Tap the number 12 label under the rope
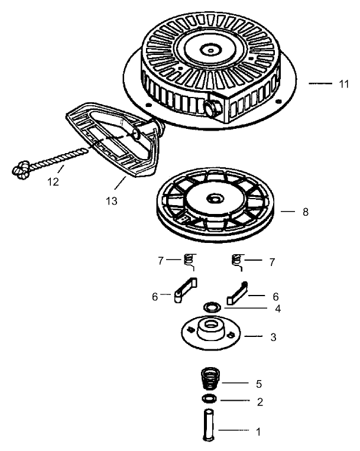coord(53,182)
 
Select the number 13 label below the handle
coord(111,201)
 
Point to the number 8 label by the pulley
coord(305,212)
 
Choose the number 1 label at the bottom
coord(258,431)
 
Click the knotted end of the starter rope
coord(20,171)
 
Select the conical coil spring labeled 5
coord(209,379)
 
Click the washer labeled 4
coord(211,307)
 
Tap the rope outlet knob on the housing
coord(211,107)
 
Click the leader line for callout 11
coord(320,84)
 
